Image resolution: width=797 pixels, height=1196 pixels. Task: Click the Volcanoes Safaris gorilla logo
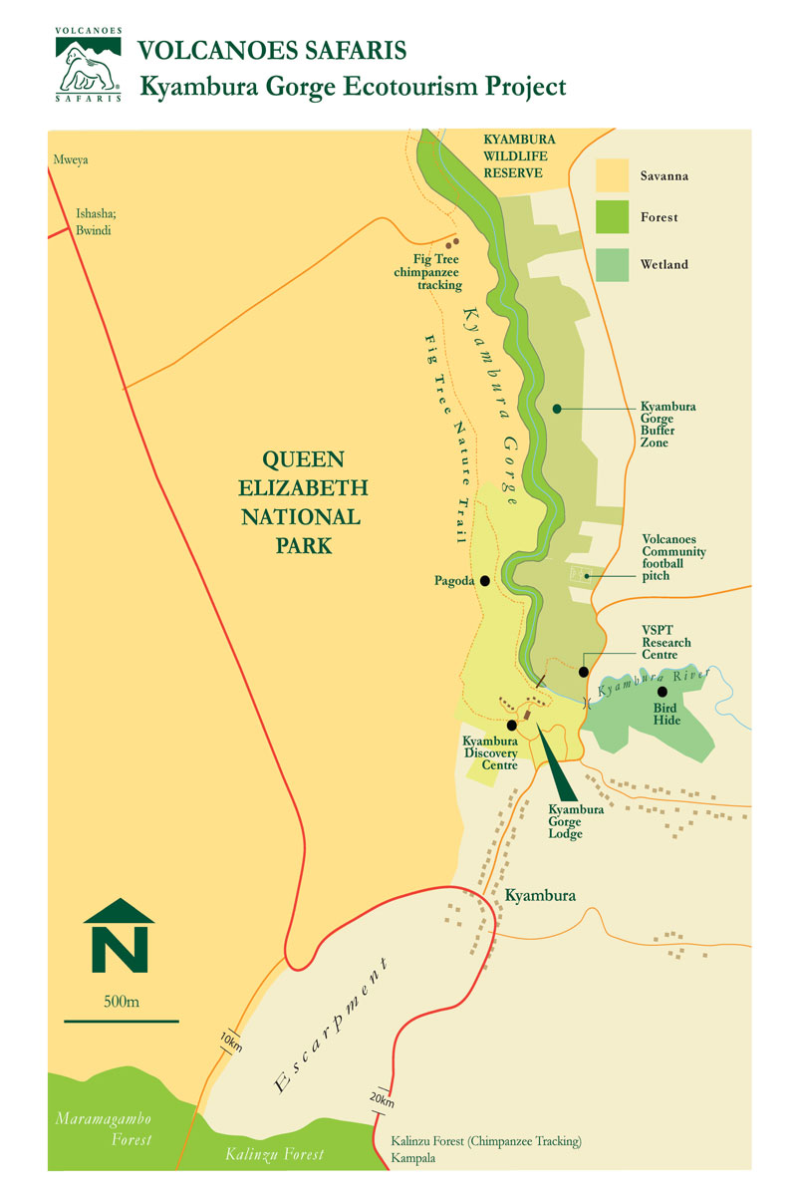(x=89, y=66)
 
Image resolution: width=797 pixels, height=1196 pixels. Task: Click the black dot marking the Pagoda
(x=485, y=580)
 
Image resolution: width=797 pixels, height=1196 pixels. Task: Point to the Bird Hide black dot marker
(x=662, y=691)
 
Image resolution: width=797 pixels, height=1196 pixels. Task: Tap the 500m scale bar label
(x=121, y=1001)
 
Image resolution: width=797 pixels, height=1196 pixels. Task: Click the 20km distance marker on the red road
(x=380, y=1098)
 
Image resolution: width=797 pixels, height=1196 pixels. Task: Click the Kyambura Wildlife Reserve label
(x=519, y=155)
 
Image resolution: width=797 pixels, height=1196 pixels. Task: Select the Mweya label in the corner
(x=68, y=158)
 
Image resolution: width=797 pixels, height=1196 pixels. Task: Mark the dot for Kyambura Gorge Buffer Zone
(x=557, y=408)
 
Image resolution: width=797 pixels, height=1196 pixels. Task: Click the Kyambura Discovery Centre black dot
(x=512, y=725)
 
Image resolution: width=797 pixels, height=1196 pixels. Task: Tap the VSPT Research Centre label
(x=666, y=643)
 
